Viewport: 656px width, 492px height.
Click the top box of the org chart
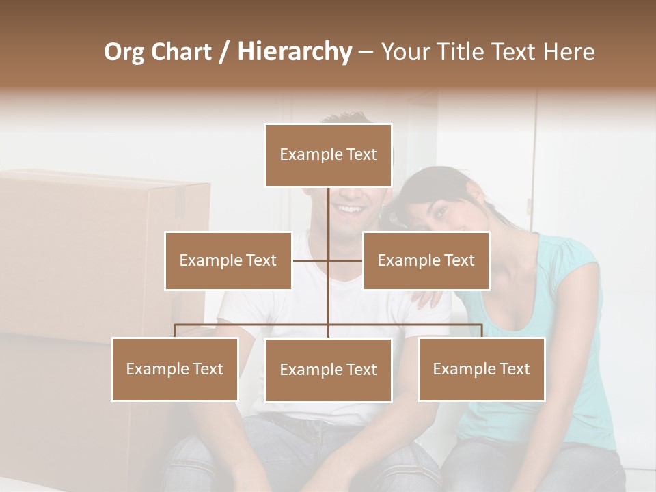pyautogui.click(x=328, y=155)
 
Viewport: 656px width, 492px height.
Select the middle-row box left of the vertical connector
pyautogui.click(x=228, y=260)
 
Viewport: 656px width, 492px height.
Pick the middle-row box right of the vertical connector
pyautogui.click(x=426, y=260)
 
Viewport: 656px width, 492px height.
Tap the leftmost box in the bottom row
pyautogui.click(x=174, y=369)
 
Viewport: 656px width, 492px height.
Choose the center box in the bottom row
pyautogui.click(x=328, y=370)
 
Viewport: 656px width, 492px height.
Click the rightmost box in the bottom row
pyautogui.click(x=481, y=369)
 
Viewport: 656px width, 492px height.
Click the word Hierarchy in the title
pyautogui.click(x=295, y=52)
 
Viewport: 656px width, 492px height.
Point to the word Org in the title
pyautogui.click(x=124, y=52)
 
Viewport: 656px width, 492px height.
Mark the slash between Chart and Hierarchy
pyautogui.click(x=224, y=52)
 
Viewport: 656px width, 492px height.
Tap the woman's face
pyautogui.click(x=437, y=212)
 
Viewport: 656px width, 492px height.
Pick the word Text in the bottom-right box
pyautogui.click(x=514, y=369)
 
